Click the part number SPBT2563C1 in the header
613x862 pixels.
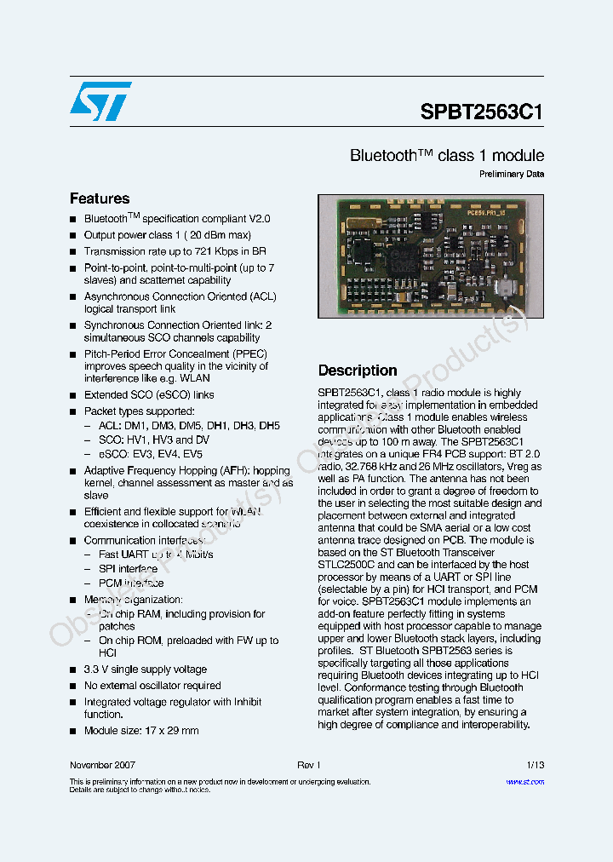(482, 112)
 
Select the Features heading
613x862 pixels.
(100, 198)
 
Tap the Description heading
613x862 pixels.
(358, 371)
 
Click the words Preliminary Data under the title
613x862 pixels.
(511, 175)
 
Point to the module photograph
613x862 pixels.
(430, 256)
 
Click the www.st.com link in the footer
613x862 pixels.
(524, 781)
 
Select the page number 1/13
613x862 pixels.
(536, 765)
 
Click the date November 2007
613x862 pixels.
(102, 765)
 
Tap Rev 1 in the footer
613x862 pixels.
(308, 765)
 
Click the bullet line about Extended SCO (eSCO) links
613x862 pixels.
(149, 395)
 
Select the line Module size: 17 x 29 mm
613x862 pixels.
(141, 731)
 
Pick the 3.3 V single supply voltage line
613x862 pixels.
(145, 669)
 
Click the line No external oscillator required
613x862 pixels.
(152, 686)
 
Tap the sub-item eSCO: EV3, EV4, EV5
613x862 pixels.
(151, 455)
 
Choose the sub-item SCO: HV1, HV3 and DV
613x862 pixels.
(153, 440)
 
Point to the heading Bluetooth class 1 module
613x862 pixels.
(447, 156)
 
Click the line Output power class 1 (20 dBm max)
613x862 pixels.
(168, 235)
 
